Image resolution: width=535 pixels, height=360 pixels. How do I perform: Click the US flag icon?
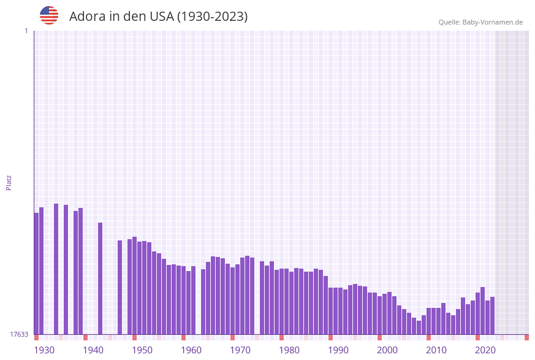coord(49,15)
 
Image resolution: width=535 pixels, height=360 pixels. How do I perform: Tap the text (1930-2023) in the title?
coord(212,17)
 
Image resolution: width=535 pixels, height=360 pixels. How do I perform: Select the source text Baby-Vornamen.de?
coord(493,22)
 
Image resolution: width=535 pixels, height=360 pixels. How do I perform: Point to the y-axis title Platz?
coord(9,182)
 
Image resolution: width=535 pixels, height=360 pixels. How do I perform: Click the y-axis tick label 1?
coord(26,31)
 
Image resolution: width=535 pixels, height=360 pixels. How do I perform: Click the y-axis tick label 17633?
coord(19,334)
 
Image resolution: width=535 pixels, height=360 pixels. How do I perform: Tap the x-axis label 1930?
coord(44,350)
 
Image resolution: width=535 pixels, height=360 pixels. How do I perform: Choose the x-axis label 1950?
coord(142,350)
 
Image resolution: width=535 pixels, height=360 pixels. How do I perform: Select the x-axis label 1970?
coord(240,350)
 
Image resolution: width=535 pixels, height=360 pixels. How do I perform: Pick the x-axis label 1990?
coord(338,350)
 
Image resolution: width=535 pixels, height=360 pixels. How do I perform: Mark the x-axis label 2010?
coord(436,350)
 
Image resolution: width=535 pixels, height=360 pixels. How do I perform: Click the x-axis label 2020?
coord(485,350)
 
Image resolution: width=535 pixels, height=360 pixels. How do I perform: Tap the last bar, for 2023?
coord(492,315)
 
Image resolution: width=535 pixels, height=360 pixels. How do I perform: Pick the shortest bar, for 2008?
coord(419,327)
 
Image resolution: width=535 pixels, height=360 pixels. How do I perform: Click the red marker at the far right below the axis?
coord(526,337)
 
